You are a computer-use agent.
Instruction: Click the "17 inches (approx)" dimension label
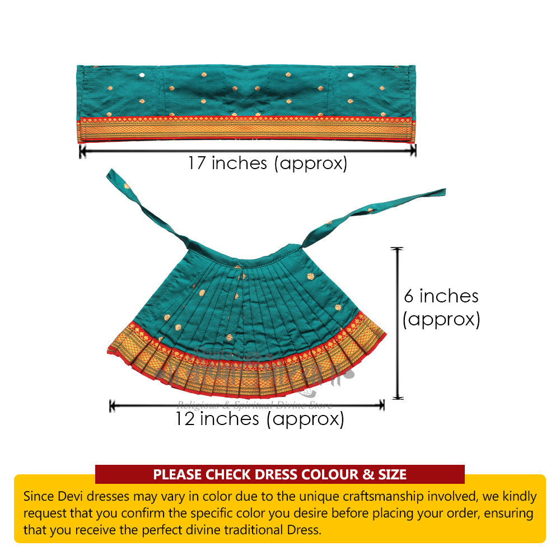pyautogui.click(x=267, y=164)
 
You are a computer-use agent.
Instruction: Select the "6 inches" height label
pyautogui.click(x=441, y=296)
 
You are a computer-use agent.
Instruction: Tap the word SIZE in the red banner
pyautogui.click(x=391, y=475)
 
